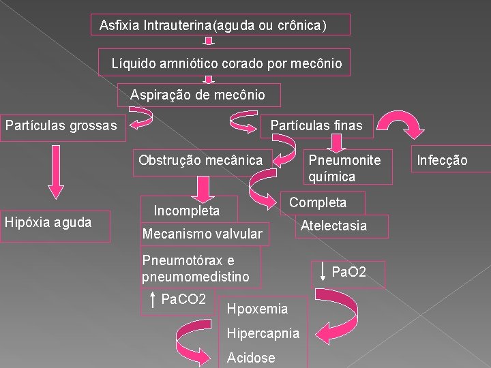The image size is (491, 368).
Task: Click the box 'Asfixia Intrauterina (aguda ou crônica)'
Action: coord(221,25)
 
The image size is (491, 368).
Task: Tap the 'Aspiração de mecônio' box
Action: coord(198,95)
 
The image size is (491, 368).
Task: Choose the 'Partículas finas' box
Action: coord(316,125)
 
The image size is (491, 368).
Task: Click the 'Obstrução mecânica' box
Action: coord(200,161)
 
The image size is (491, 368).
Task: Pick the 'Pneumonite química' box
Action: coord(348,168)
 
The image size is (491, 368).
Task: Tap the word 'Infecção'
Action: coord(443,161)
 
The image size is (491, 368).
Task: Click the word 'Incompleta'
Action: coord(186,210)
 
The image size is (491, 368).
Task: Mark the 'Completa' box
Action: coord(318,202)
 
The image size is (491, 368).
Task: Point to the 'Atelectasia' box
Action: coord(333,226)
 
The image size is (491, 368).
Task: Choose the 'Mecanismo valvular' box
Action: coord(202,234)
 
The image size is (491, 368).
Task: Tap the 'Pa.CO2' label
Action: coord(179,299)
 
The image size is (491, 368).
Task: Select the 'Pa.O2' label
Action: coord(348,273)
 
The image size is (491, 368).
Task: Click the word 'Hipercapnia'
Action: coord(263,333)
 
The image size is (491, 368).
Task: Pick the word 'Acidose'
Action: coord(251,358)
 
